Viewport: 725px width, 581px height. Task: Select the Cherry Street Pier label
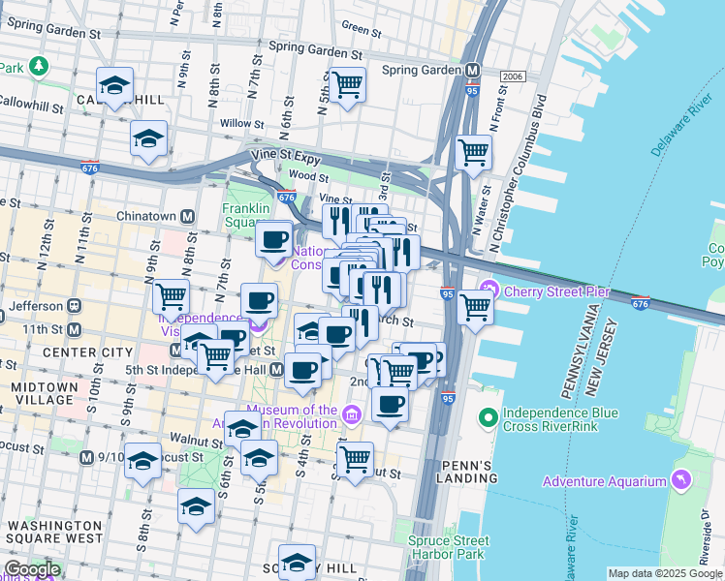click(x=543, y=289)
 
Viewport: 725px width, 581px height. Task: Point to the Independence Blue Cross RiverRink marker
click(x=489, y=419)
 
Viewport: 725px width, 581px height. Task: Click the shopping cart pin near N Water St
click(x=473, y=152)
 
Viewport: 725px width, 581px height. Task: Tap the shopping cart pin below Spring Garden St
click(x=347, y=84)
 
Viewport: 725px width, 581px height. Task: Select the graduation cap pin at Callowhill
click(x=114, y=84)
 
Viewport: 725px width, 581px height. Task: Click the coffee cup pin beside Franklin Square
click(x=274, y=237)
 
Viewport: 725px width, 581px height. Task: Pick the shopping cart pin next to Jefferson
click(x=171, y=295)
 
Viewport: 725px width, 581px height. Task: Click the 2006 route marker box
click(x=512, y=76)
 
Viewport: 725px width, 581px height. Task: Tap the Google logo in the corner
click(x=31, y=569)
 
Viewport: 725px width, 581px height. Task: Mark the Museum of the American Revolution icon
click(x=351, y=415)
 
